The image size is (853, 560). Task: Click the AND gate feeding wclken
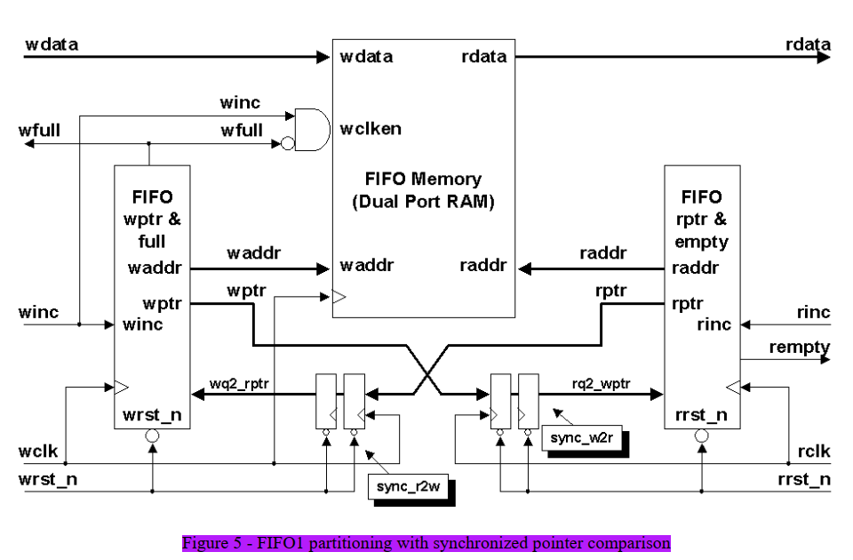(312, 130)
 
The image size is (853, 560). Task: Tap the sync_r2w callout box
(408, 486)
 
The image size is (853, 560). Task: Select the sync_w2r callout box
(581, 438)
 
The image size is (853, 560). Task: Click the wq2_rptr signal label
(239, 384)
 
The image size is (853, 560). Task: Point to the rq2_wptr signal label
(602, 384)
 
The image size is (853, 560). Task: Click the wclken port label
(371, 129)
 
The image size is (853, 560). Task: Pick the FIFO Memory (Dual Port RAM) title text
(423, 190)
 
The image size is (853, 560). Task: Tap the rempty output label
(799, 348)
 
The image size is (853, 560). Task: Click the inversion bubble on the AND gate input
(288, 144)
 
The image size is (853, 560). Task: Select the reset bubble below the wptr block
(152, 436)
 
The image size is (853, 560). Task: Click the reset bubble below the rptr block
(702, 436)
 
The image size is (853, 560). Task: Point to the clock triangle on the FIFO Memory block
(339, 297)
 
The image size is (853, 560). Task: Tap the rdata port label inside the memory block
(484, 57)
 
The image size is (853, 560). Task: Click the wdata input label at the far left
(52, 44)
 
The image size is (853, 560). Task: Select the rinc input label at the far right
(813, 312)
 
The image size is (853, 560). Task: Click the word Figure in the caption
(205, 543)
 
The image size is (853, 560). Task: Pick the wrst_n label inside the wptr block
(152, 415)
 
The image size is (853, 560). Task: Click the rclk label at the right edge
(814, 452)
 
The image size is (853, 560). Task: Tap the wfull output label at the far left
(39, 131)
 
